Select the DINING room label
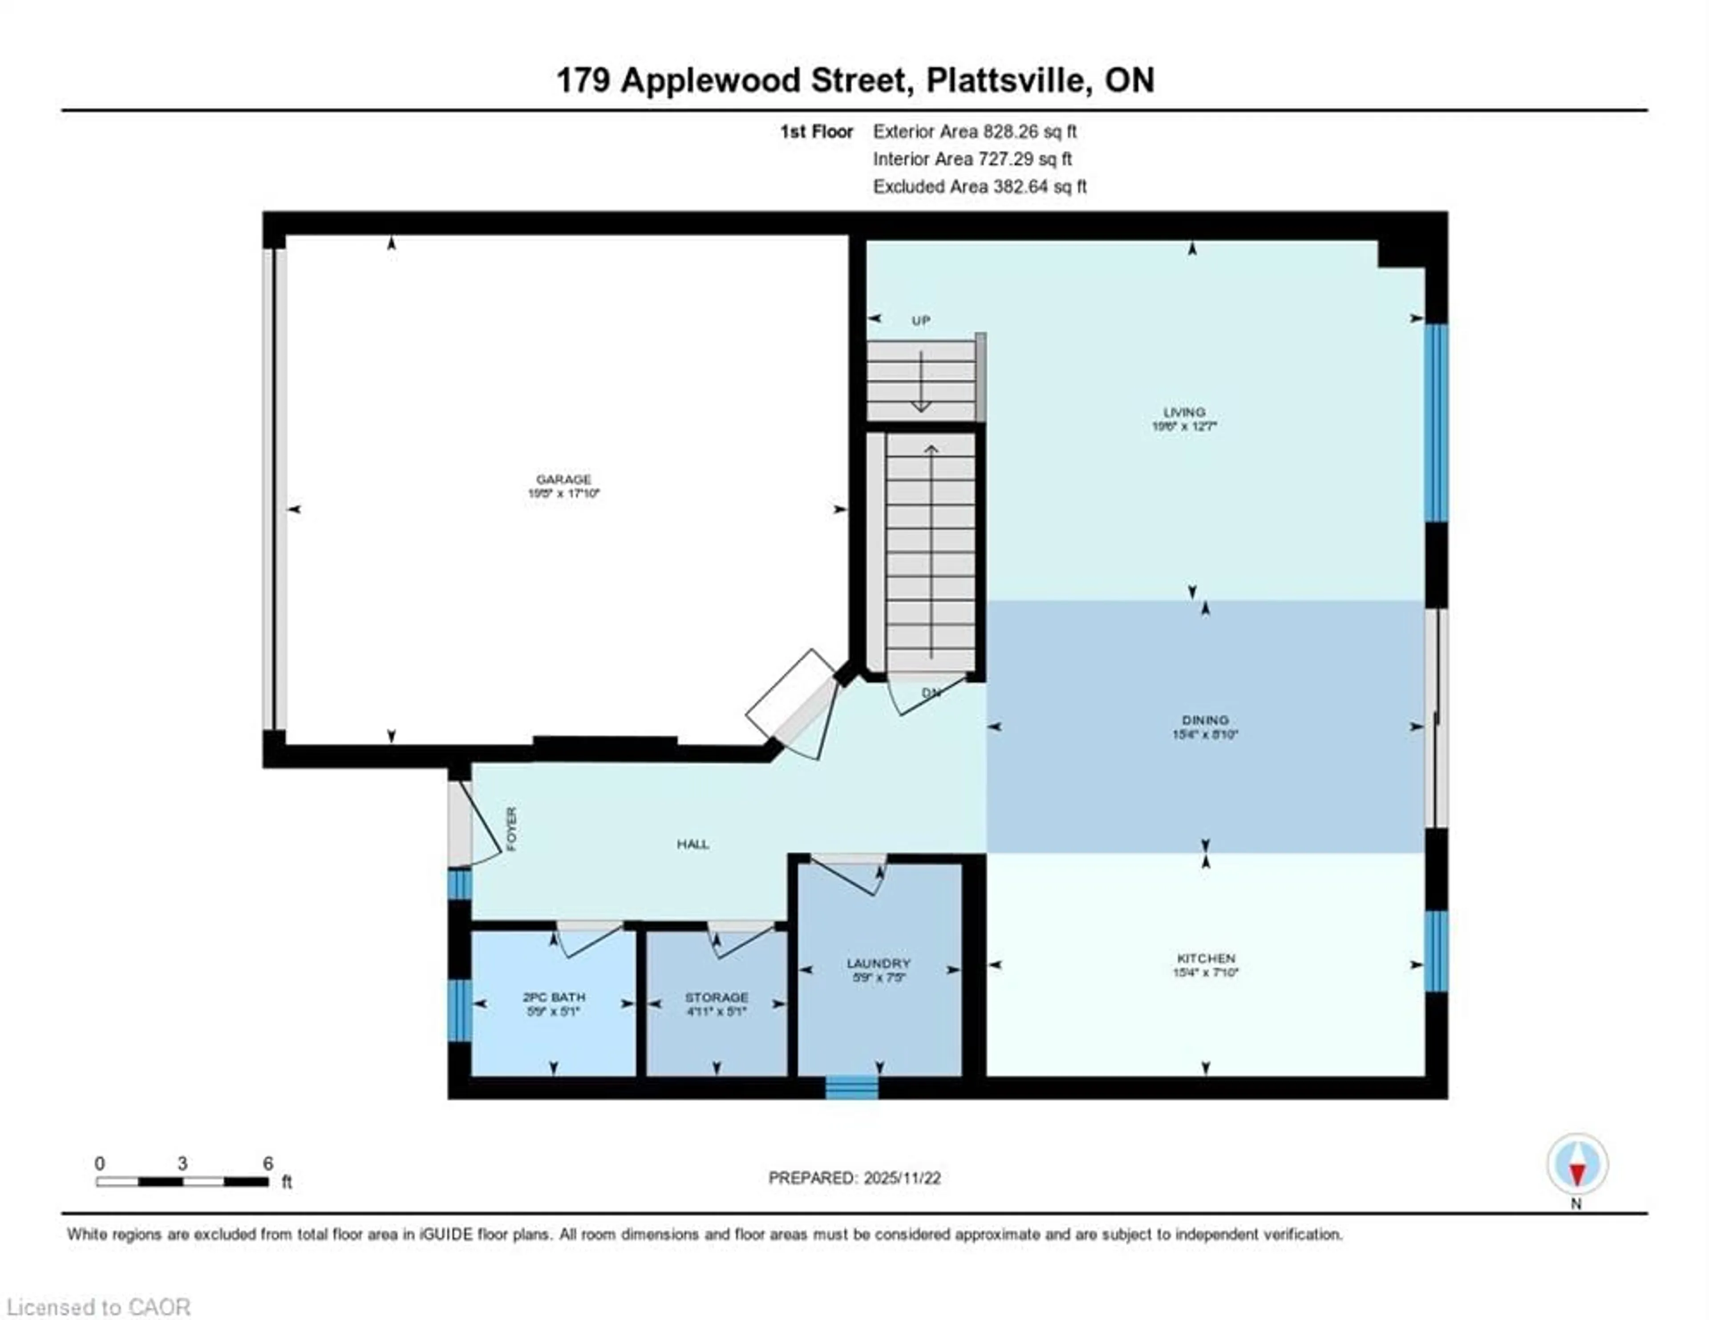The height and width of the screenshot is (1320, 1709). [x=1205, y=719]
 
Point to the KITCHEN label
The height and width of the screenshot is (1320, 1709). [x=1206, y=958]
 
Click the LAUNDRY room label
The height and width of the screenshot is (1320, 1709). [x=878, y=963]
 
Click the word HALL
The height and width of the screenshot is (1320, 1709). [x=693, y=844]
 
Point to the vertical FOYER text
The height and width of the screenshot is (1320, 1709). [x=512, y=828]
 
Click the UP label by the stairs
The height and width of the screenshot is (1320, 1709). [x=920, y=320]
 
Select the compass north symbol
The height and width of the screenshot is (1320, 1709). [x=1577, y=1163]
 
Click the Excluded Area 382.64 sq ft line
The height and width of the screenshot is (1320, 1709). [x=979, y=186]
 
